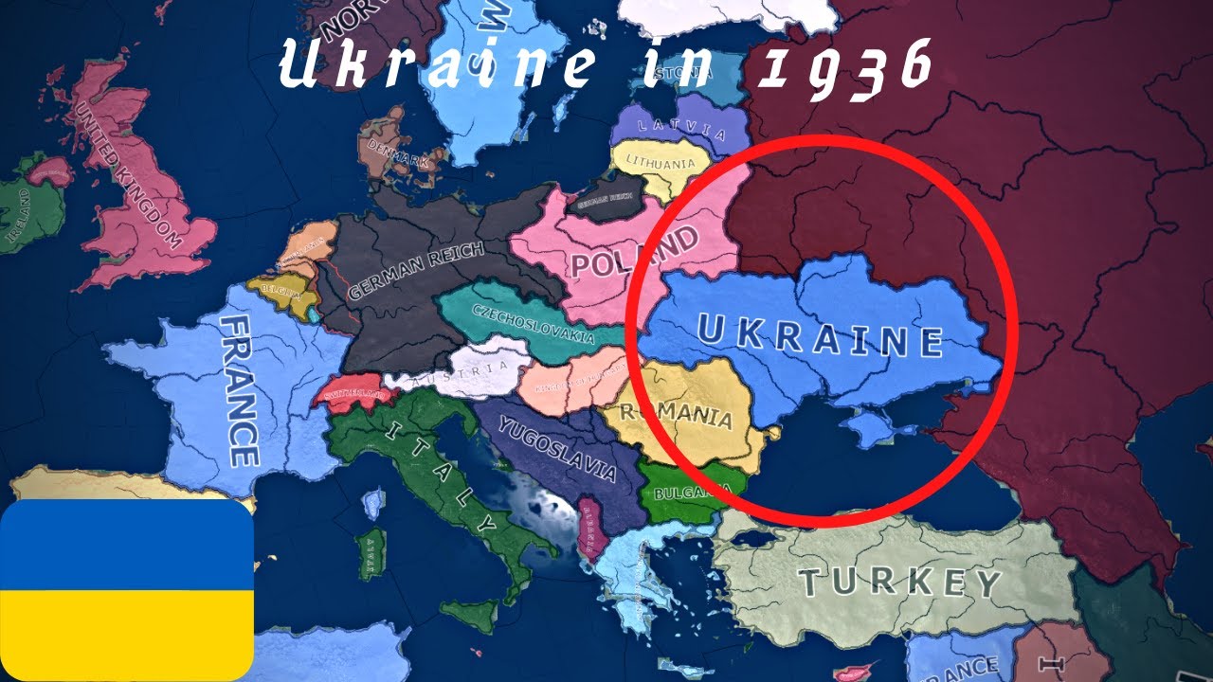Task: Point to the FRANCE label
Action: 239,389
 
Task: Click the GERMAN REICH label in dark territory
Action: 416,271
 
